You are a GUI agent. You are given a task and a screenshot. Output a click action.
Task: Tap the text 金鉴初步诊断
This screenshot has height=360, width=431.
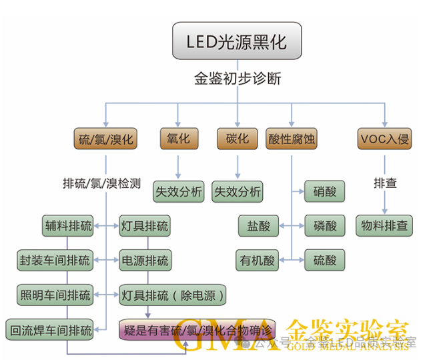click(237, 79)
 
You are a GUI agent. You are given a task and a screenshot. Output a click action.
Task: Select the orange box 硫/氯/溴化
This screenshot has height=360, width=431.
click(107, 139)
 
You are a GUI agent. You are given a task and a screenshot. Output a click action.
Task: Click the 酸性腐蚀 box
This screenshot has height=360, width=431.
click(292, 139)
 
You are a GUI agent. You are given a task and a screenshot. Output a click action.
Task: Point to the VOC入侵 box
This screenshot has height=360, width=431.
click(385, 139)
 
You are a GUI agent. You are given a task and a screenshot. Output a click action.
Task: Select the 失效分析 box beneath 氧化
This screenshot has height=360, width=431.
click(179, 192)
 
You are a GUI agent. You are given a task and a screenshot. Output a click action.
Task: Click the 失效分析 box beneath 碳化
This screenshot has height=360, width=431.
click(238, 192)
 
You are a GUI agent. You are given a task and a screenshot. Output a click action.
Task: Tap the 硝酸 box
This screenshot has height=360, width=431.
click(325, 192)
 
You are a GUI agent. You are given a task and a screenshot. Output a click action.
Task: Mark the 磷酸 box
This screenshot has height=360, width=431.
click(325, 225)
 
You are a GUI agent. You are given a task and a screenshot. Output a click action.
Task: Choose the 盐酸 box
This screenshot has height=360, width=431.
click(257, 225)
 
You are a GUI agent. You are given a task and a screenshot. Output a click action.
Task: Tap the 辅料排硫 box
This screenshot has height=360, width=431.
click(67, 225)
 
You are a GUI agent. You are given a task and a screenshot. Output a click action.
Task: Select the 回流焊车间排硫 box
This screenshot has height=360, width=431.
click(50, 329)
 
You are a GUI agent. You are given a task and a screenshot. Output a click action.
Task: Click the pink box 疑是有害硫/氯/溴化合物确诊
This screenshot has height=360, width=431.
click(196, 329)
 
